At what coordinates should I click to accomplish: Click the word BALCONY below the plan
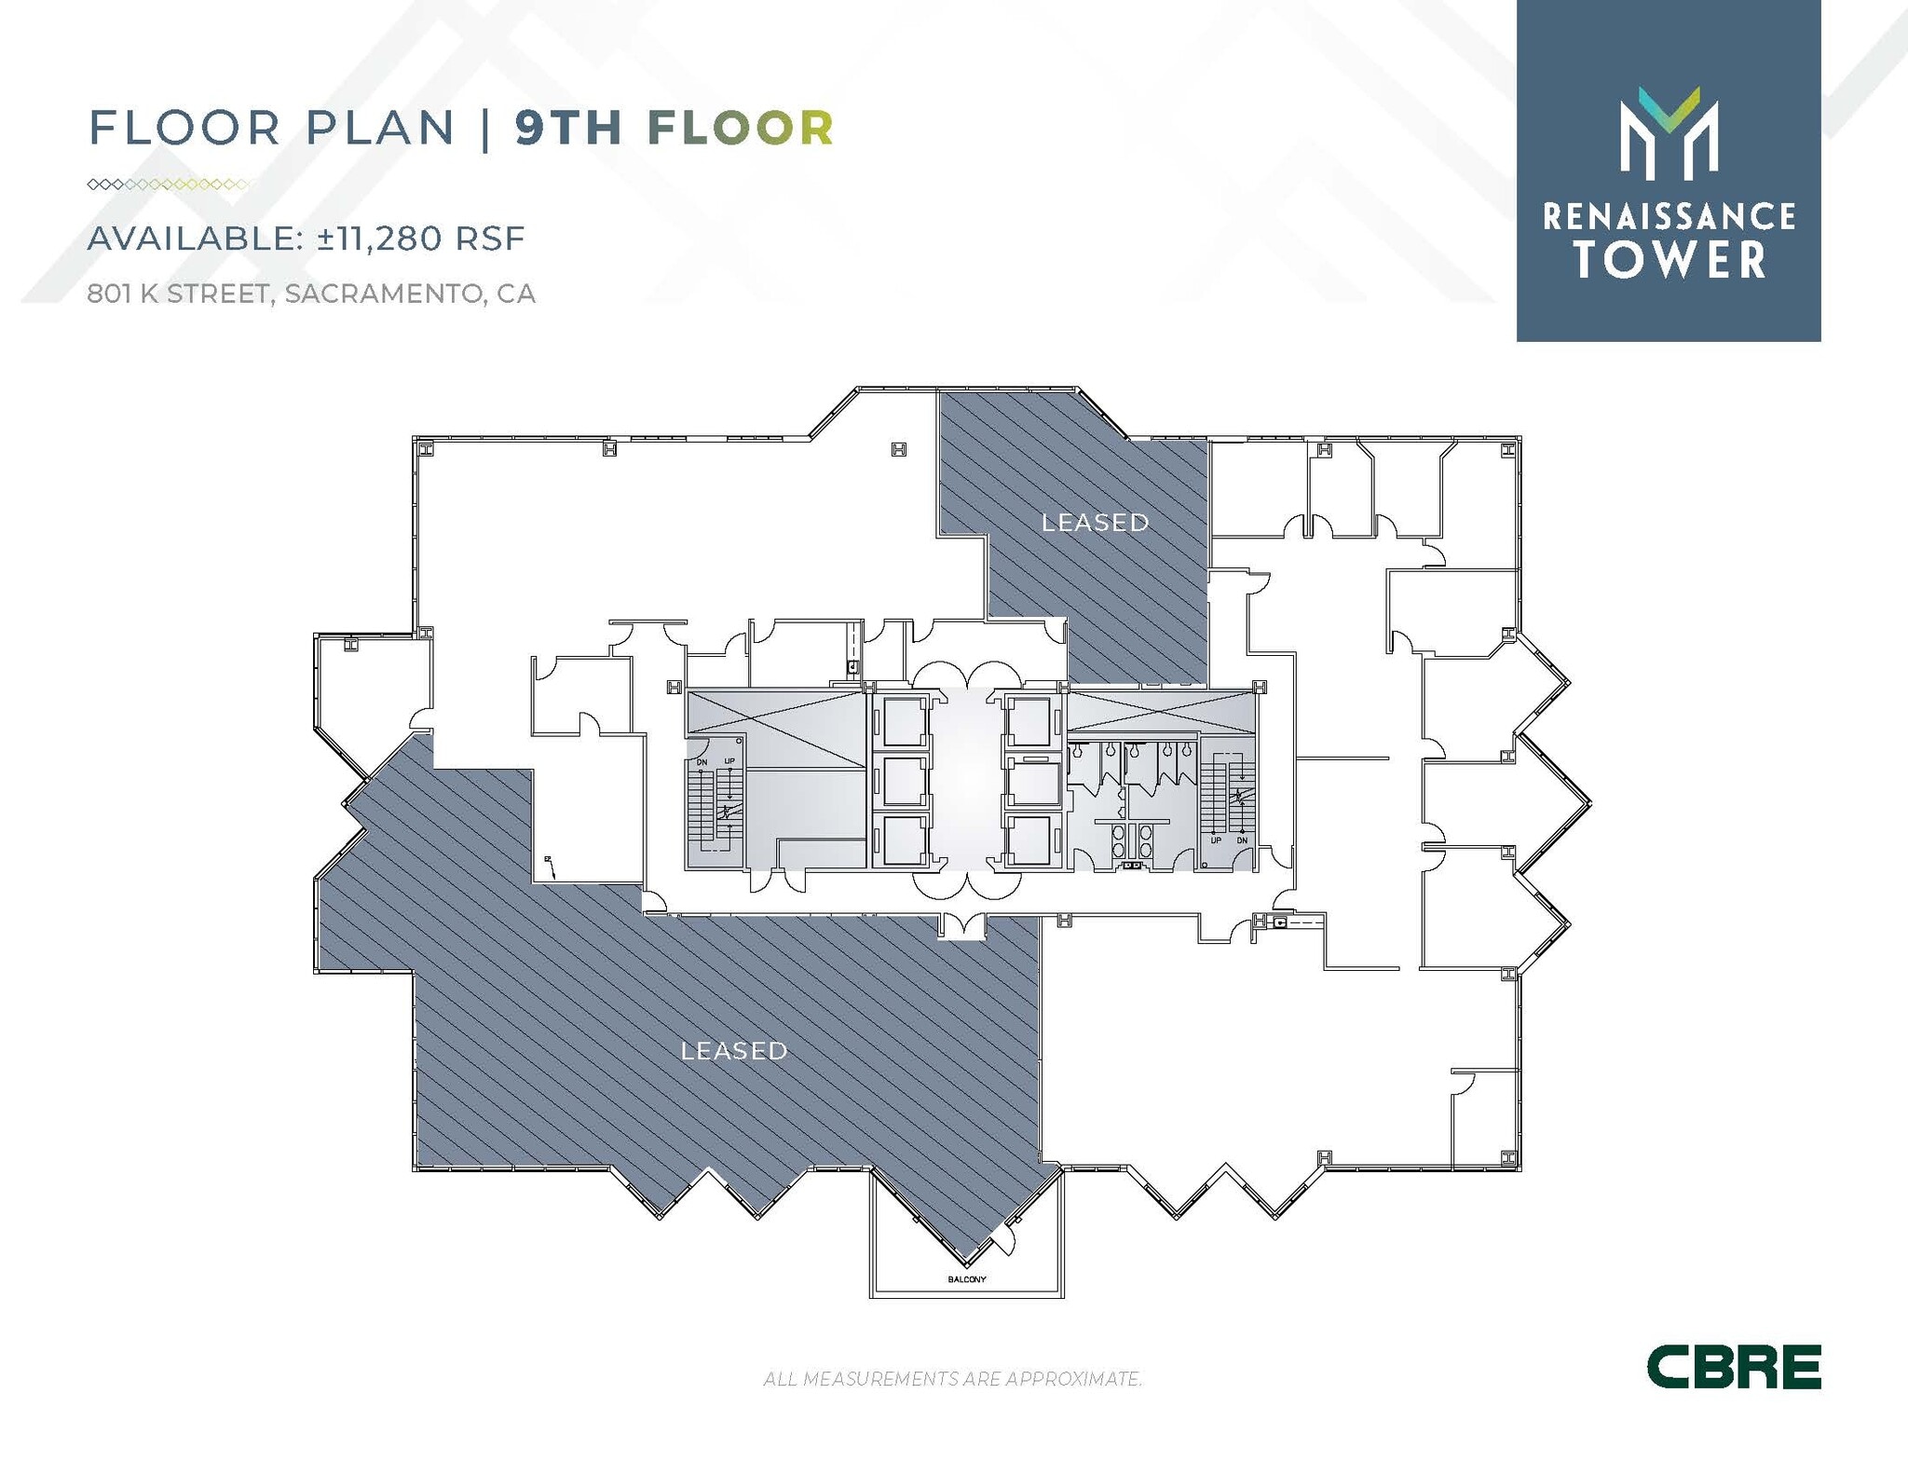tap(966, 1279)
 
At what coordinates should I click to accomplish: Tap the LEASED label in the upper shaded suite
tap(1095, 523)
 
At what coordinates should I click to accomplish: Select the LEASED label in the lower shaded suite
tap(734, 1051)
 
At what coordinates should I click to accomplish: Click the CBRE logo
tap(1733, 1367)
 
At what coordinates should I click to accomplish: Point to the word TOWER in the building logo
tap(1670, 259)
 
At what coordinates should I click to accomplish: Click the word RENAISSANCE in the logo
tap(1669, 217)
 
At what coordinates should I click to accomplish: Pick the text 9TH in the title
tap(569, 128)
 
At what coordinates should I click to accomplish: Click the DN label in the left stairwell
tap(702, 762)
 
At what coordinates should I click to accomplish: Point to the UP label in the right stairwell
tap(1216, 840)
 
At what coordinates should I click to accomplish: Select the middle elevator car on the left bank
tap(902, 781)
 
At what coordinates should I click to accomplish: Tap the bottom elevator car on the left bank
tap(902, 840)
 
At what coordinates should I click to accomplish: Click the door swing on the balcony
tap(1001, 1239)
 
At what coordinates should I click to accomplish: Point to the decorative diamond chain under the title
tap(168, 184)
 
